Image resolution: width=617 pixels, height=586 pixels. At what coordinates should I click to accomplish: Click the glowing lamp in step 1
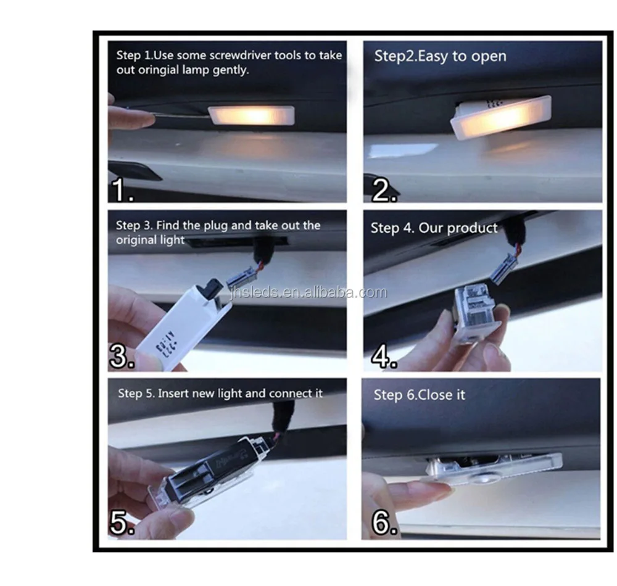tap(252, 115)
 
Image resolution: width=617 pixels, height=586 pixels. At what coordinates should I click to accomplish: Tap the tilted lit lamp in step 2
tap(500, 118)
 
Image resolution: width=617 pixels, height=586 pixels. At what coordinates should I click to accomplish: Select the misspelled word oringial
tap(159, 70)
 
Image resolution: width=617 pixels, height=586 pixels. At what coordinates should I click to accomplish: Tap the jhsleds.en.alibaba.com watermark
tap(308, 292)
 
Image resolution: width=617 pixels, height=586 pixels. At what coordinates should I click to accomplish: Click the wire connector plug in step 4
tap(503, 268)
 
